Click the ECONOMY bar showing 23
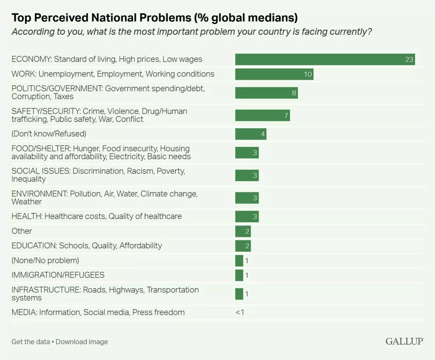[325, 59]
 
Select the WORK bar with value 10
[274, 74]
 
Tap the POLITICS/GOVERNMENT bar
[266, 93]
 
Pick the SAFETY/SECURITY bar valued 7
[263, 115]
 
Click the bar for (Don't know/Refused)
[251, 134]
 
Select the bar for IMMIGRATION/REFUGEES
[239, 275]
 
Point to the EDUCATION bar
[243, 246]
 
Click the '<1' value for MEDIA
[240, 312]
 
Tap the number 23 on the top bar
[409, 59]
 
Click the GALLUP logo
[404, 341]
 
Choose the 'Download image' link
[82, 342]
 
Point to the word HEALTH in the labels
[26, 216]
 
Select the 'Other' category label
[22, 231]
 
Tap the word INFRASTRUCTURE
[43, 290]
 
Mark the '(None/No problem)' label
[45, 260]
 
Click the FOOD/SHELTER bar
[247, 152]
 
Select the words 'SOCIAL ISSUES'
[41, 171]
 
